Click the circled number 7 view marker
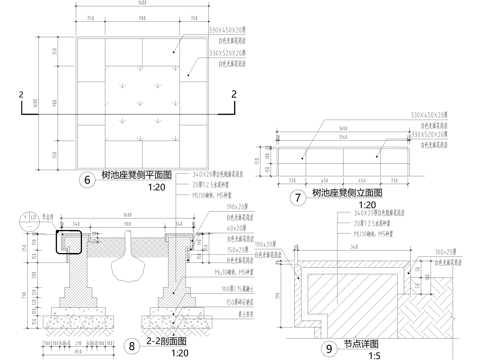(297, 197)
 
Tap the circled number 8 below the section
(132, 346)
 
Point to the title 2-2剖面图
(170, 341)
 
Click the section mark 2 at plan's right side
(235, 95)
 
